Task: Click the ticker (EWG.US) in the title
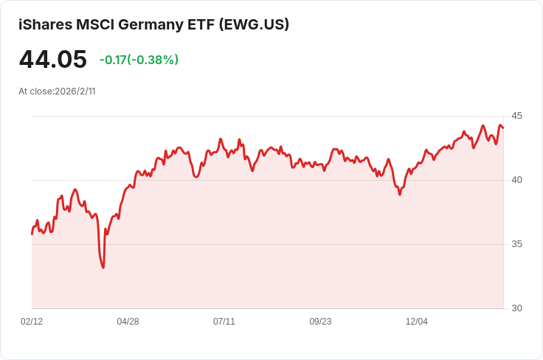[253, 24]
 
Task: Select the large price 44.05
[52, 60]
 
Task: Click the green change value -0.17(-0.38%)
[139, 60]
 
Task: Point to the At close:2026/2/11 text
[57, 91]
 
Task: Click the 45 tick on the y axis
[516, 116]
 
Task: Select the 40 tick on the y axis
[516, 180]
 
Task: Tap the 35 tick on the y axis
[516, 244]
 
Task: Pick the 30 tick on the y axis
[516, 308]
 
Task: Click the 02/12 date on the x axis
[32, 322]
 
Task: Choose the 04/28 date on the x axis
[128, 322]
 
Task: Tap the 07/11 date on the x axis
[224, 322]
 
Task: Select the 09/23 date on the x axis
[320, 322]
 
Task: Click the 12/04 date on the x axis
[417, 322]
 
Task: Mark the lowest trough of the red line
[103, 267]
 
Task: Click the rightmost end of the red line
[503, 128]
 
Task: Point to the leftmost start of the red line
[32, 234]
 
